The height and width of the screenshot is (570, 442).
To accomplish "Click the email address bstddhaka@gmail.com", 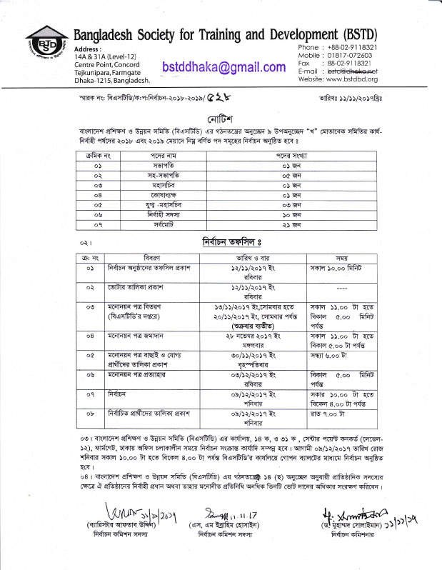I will pyautogui.click(x=224, y=66).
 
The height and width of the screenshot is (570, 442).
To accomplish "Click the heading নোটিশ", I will pyautogui.click(x=221, y=117).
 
